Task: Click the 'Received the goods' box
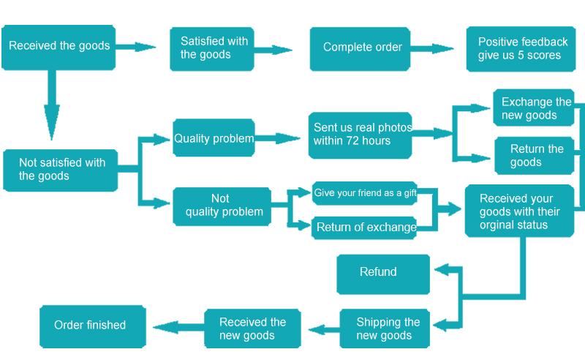coord(58,47)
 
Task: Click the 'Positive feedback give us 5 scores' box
coord(522,49)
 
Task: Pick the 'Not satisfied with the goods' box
coord(61,170)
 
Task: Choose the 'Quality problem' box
coord(214,138)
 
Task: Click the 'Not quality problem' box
coord(219,206)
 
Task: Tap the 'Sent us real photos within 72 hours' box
coord(361,135)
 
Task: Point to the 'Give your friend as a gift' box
coord(364,193)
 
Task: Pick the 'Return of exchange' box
coord(365,227)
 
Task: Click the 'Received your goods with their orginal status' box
coord(519,211)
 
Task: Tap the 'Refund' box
coord(382,273)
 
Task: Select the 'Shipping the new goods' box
coord(385,329)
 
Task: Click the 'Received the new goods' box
coord(252,328)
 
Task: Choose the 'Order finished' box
coord(92,326)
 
